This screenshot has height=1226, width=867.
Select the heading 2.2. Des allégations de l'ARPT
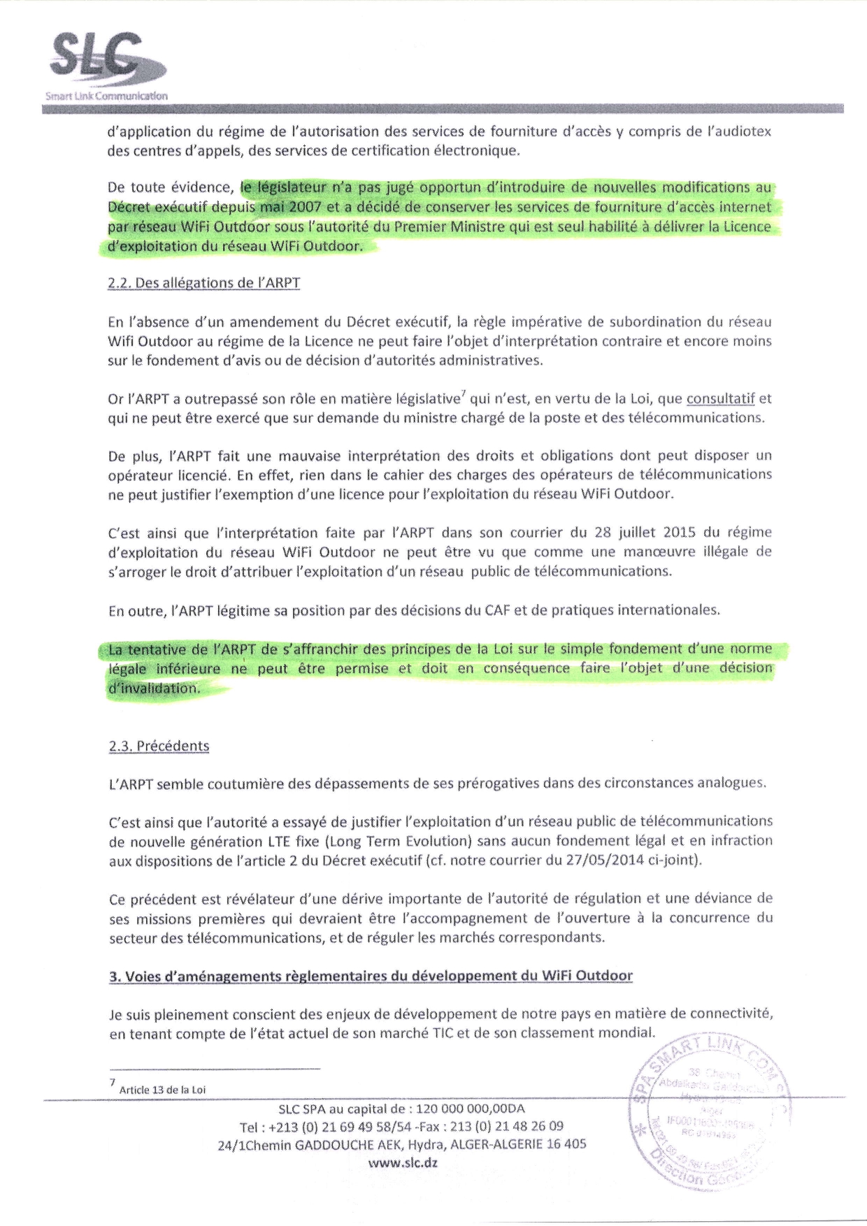[x=204, y=283]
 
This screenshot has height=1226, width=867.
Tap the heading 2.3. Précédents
[x=159, y=746]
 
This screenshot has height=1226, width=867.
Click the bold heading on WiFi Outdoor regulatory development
[x=371, y=976]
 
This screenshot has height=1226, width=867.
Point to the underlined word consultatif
[x=720, y=399]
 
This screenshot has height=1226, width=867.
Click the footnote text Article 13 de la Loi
[x=162, y=1089]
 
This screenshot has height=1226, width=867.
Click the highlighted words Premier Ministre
[x=457, y=226]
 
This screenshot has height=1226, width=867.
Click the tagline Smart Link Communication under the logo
[x=106, y=96]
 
